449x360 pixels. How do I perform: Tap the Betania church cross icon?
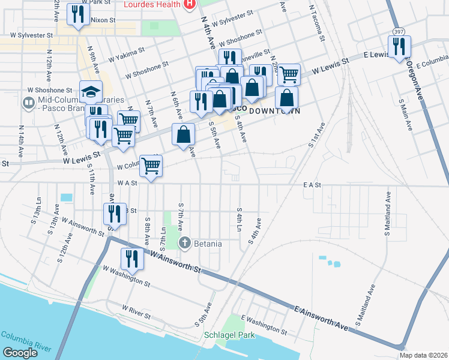click(185, 243)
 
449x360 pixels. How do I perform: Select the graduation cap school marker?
click(90, 92)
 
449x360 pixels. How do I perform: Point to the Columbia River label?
click(22, 338)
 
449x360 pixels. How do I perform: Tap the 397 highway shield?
click(398, 31)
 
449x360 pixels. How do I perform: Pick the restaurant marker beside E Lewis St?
click(399, 47)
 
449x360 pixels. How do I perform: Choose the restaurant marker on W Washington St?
click(130, 259)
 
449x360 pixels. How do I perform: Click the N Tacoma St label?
click(317, 23)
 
